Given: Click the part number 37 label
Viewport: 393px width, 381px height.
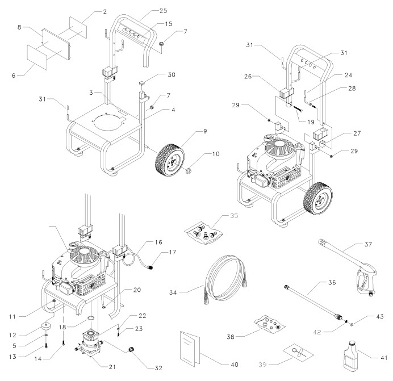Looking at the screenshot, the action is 368,244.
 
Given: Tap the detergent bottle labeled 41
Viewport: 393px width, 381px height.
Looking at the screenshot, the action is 351,357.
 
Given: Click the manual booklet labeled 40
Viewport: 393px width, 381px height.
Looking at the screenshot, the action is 190,349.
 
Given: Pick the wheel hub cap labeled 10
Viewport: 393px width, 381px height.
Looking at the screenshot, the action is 188,171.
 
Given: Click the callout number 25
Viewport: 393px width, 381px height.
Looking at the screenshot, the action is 163,11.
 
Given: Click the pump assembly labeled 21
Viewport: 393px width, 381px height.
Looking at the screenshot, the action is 89,343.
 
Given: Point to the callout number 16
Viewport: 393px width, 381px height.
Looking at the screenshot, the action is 158,242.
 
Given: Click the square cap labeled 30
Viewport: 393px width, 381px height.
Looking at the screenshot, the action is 143,83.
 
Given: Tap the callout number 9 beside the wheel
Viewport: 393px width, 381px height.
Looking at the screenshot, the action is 205,131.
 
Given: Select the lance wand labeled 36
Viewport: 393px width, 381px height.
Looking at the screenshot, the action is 314,303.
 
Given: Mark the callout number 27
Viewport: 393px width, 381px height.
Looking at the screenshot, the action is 357,133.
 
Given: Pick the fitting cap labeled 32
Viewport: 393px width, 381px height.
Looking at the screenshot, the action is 132,349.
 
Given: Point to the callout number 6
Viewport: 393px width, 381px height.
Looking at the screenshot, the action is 14,75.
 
